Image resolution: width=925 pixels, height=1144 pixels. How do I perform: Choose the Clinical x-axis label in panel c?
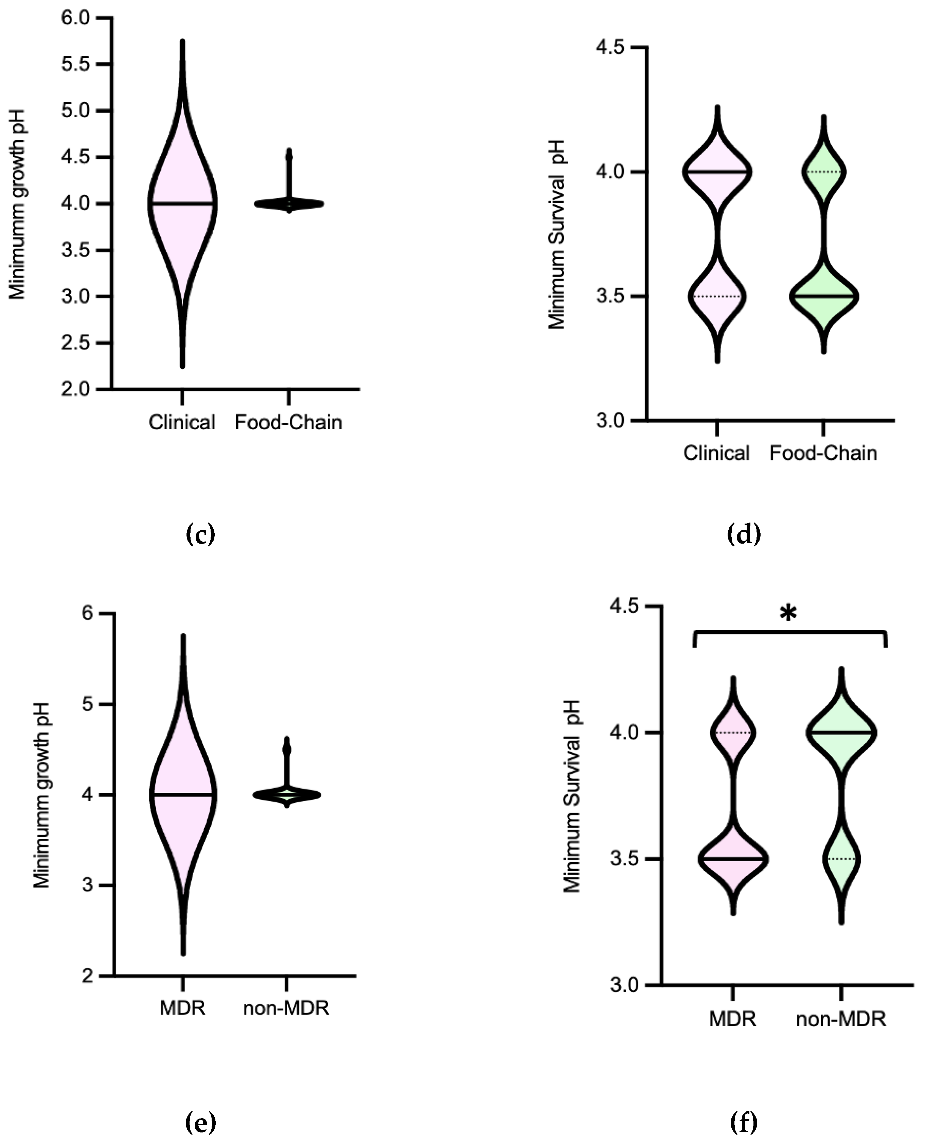182,423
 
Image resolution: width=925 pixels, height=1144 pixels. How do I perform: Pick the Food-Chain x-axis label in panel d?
823,454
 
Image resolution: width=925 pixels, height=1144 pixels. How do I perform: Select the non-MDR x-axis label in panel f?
841,1019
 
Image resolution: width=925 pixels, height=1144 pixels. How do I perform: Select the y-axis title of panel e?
41,795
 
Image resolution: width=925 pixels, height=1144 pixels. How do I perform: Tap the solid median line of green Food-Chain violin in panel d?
824,296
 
